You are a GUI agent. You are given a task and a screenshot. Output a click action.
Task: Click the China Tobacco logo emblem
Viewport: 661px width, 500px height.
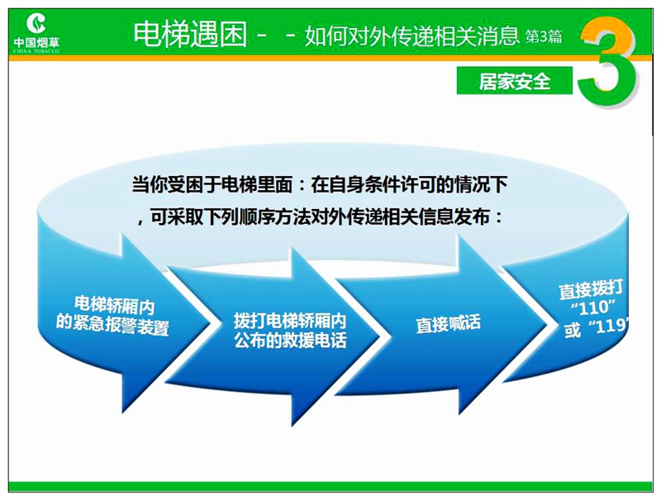pos(36,23)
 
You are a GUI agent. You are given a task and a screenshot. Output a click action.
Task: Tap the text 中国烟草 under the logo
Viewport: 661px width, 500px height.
pos(36,43)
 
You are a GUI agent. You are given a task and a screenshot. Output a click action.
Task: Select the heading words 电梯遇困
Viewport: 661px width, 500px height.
pos(190,34)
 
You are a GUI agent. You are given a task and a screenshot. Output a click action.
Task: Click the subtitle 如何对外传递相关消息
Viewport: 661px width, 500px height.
pos(411,36)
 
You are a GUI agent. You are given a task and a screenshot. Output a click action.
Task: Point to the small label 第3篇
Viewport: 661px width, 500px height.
pos(544,36)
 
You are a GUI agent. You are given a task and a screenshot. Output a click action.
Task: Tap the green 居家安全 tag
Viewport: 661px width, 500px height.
pos(515,80)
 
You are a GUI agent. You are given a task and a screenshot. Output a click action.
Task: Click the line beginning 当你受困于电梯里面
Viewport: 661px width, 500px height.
pos(320,184)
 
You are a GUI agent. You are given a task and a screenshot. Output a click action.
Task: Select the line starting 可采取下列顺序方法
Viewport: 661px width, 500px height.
pos(321,217)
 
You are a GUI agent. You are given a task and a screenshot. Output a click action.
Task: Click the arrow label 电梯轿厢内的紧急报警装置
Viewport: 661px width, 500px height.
pos(113,316)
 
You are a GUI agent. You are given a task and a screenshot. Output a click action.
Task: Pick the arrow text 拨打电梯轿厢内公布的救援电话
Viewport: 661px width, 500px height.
pos(290,331)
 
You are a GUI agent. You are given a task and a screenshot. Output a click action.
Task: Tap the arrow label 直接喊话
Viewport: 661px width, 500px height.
pos(448,324)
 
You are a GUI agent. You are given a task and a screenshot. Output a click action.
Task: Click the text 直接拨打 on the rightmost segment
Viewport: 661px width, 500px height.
pos(591,290)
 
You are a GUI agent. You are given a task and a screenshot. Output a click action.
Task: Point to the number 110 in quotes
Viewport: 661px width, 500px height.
pos(593,308)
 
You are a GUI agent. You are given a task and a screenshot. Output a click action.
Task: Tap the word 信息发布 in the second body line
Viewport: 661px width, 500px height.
pos(455,217)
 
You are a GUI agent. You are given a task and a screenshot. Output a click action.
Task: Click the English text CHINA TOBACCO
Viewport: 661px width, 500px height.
pos(36,51)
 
